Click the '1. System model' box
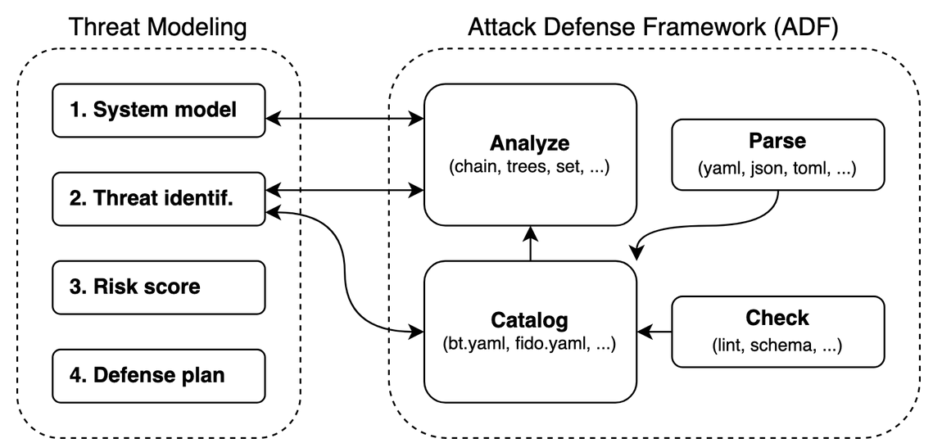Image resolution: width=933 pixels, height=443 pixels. coord(159,110)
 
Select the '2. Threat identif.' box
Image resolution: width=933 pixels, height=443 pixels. coord(159,198)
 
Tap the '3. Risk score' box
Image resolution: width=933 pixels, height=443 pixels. coord(159,287)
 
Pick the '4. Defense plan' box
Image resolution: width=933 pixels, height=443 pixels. coord(159,376)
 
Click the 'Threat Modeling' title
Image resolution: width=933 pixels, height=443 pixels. coord(159,27)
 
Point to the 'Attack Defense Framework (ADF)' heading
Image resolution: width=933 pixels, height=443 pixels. coord(653,27)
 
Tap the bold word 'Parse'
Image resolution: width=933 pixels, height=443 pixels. coord(777,141)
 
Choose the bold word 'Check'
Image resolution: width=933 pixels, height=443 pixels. coord(777,317)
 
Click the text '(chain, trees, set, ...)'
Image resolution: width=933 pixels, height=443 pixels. coord(530,167)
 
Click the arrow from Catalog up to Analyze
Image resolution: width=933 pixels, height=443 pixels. coord(530,245)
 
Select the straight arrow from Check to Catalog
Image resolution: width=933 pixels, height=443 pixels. coord(654,332)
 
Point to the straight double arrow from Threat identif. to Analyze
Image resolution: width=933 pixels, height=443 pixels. coord(344,192)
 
